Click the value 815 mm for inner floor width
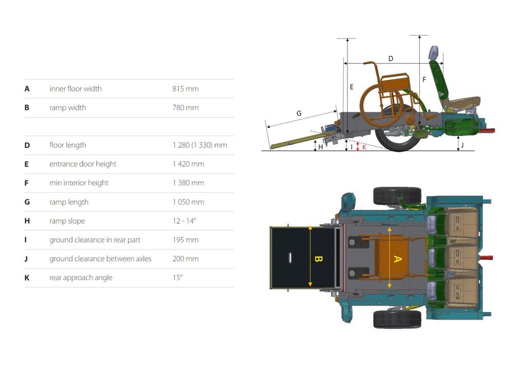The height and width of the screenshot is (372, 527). click(x=185, y=89)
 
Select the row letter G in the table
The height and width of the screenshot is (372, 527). click(x=27, y=202)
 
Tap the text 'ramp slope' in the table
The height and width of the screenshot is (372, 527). click(x=67, y=221)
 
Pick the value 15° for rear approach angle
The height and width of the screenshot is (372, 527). click(x=178, y=278)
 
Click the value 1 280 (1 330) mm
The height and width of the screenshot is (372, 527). click(x=200, y=145)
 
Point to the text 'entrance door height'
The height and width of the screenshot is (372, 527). click(x=83, y=164)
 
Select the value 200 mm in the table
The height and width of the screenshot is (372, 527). click(x=185, y=259)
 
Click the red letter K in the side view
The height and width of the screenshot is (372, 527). click(x=364, y=147)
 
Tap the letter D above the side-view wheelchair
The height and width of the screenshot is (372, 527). click(x=391, y=59)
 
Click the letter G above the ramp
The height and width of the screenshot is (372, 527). click(x=299, y=113)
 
